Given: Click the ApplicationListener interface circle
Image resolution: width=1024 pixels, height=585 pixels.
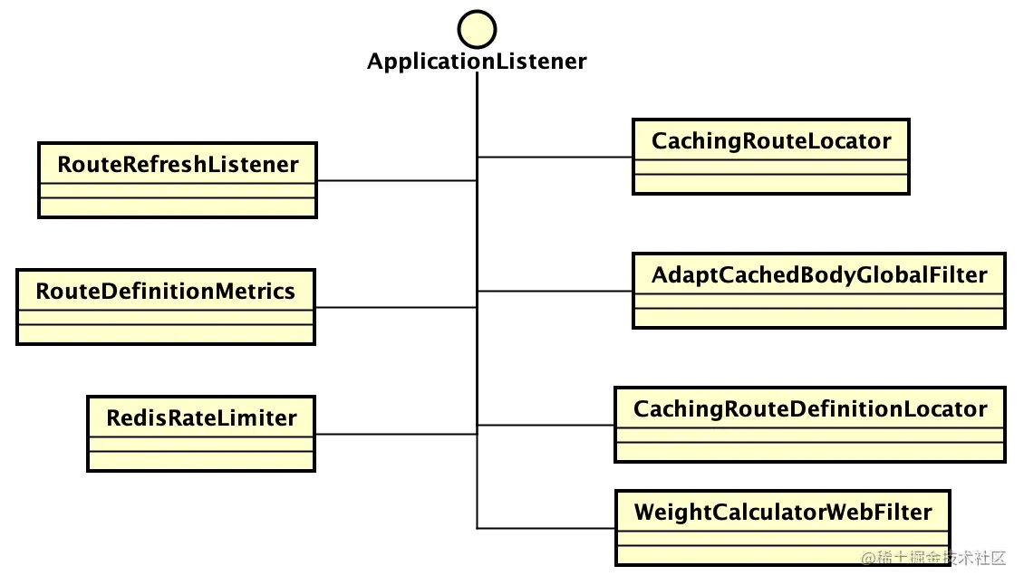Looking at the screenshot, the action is click(477, 29).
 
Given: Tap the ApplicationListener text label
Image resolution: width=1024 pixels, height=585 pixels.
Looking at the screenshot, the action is click(477, 62).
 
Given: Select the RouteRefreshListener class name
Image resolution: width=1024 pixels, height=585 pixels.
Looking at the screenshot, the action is click(178, 165).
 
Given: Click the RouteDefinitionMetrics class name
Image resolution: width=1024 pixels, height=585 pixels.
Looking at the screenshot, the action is click(165, 292).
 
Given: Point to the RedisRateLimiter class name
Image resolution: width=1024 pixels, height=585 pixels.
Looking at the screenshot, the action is click(201, 417).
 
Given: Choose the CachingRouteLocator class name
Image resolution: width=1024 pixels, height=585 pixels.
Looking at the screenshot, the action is click(771, 141).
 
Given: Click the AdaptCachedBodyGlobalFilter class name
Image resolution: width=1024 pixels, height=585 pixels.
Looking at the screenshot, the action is click(819, 275).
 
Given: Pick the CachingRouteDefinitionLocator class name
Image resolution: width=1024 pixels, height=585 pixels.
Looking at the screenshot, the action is click(810, 409).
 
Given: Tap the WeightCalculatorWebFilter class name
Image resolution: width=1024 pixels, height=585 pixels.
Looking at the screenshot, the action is click(783, 513).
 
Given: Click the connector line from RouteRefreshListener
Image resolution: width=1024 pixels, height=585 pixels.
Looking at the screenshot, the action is click(397, 180).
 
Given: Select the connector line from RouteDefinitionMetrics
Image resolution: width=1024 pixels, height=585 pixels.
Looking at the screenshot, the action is click(396, 307).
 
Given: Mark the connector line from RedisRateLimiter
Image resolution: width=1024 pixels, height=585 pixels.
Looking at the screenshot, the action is click(396, 434).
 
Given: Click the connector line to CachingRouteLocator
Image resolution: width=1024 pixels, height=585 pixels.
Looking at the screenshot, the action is click(555, 157).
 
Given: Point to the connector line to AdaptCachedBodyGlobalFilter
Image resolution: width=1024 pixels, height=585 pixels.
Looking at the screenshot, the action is click(555, 291).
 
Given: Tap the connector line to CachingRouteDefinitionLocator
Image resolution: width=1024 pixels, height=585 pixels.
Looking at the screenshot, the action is click(546, 425).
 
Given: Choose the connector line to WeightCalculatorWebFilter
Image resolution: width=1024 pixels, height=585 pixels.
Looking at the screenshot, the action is click(546, 528).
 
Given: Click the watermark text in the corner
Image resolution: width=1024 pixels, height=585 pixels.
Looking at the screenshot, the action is click(933, 558).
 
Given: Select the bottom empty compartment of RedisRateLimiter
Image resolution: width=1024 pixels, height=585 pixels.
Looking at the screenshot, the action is click(201, 460).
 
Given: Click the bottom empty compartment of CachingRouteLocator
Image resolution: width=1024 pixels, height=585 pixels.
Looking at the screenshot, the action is click(771, 183).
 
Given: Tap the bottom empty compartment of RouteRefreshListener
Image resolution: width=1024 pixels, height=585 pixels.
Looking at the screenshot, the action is click(178, 206).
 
